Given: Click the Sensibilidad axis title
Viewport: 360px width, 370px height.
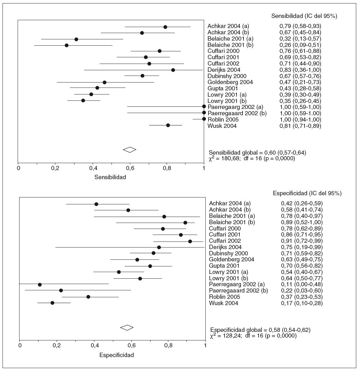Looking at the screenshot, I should (110, 177).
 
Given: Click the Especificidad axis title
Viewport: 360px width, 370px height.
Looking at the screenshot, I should (117, 355).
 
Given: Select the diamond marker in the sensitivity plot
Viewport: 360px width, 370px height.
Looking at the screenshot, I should (129, 150).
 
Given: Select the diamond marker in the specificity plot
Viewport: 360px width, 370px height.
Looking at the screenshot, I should (127, 327).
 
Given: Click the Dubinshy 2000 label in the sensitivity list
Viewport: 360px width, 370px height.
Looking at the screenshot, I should (227, 76).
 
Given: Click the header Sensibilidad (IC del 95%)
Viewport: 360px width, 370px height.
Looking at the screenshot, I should (304, 16).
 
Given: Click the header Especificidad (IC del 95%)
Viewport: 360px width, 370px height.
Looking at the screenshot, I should (306, 193).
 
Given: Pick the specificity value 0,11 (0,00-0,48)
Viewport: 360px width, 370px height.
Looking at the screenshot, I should (302, 284).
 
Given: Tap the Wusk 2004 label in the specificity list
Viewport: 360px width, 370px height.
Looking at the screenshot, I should (224, 303).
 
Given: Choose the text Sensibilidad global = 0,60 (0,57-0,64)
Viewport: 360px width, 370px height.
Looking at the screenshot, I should (258, 153).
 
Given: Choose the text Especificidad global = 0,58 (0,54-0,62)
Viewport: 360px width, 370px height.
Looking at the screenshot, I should (260, 330).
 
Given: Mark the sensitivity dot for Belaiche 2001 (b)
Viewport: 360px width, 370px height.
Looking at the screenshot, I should (66, 45).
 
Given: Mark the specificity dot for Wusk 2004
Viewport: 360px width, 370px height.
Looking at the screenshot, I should (52, 303).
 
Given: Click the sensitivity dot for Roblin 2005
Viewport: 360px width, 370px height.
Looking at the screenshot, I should (204, 119).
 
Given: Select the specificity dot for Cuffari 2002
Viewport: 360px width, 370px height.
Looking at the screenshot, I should (190, 241).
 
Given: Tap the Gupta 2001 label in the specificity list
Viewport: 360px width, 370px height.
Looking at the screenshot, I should (224, 266).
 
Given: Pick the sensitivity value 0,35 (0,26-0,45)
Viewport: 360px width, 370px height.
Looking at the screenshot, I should (300, 101).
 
